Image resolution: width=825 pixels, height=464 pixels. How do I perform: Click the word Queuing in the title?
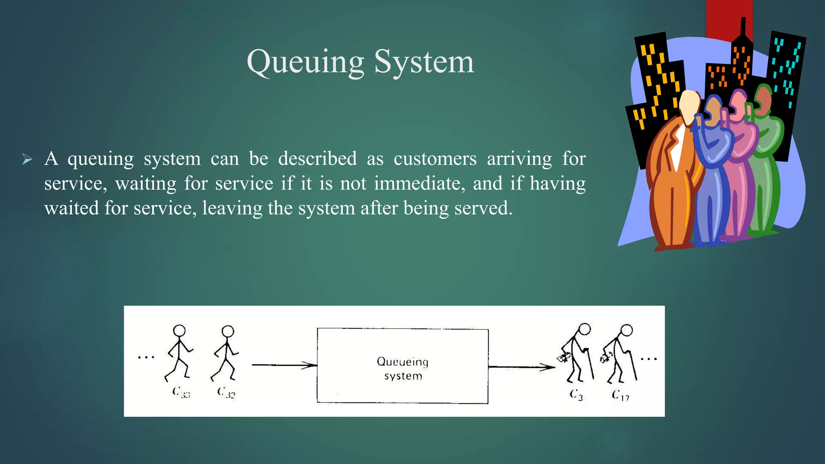305,62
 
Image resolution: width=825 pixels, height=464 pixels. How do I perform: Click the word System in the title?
424,62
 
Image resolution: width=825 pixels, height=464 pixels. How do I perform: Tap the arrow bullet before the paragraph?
27,159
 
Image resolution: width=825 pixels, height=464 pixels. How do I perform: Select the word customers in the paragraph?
435,159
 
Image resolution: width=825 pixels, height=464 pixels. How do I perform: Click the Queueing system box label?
402,368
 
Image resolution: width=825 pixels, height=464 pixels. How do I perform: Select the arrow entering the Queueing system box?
284,365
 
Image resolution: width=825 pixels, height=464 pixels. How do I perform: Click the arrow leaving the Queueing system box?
521,367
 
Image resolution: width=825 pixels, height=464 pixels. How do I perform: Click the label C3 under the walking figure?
576,395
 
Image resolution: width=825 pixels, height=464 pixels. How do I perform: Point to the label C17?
620,395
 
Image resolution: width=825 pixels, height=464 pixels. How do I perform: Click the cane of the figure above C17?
633,365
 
